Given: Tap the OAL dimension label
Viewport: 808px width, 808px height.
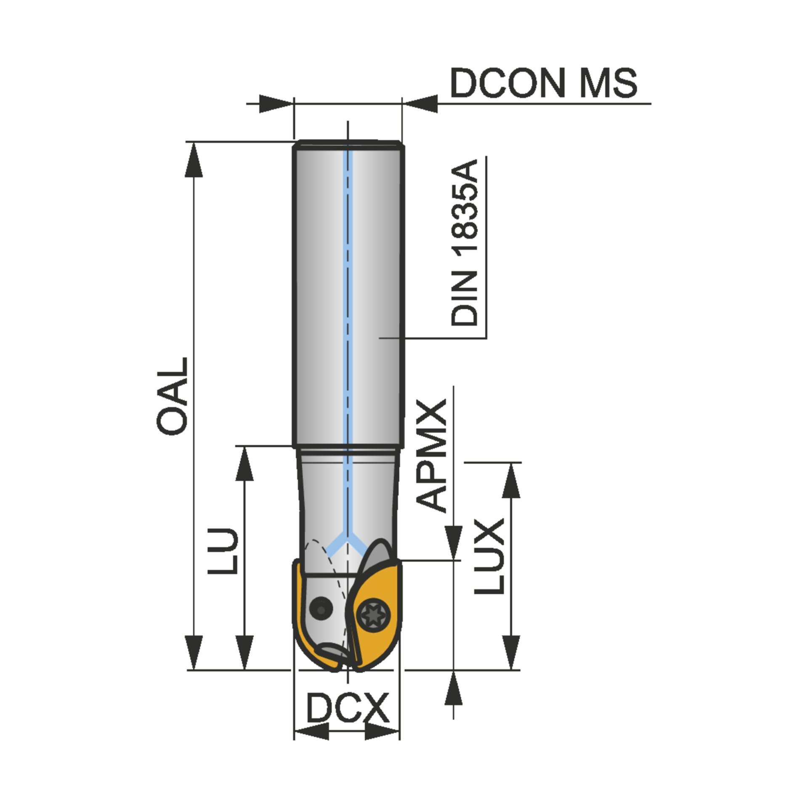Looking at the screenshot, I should pos(172,397).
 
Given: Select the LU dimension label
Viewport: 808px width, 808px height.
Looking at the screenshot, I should pos(223,551).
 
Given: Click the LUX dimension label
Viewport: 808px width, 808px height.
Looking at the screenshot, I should pos(489,556).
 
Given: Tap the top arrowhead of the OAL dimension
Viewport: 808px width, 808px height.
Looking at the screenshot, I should pos(194,160).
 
